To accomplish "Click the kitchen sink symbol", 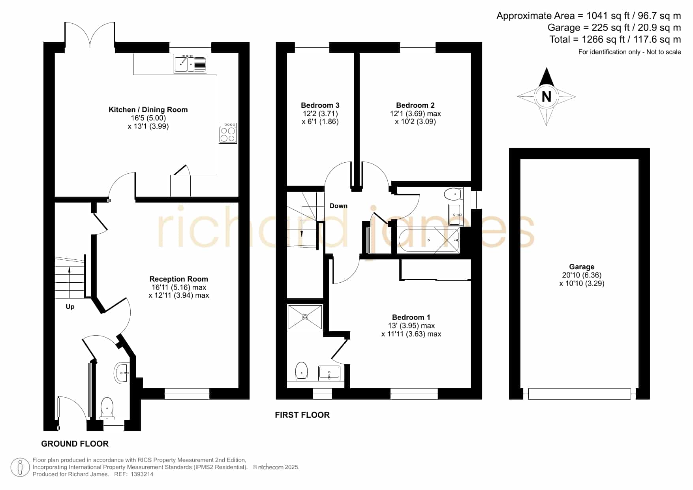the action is tap(190, 63).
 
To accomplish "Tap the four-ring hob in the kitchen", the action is tap(228, 133).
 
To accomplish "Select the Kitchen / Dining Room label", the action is tap(148, 110).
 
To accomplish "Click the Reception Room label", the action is tap(178, 279).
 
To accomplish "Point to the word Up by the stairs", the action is tap(70, 307).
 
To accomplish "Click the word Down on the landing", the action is tap(338, 206).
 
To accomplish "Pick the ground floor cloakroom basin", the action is tap(122, 373).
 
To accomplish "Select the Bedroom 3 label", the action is tap(320, 105).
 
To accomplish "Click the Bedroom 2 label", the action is tap(415, 105).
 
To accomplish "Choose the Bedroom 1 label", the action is tap(411, 317).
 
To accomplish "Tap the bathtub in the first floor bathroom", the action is tap(429, 240).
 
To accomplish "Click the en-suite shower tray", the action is tap(305, 317).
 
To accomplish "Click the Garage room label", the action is tap(582, 267).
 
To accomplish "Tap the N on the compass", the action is tap(547, 97).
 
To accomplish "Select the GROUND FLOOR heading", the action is tap(75, 444).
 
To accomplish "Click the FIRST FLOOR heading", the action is tap(302, 415).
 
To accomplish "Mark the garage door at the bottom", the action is tap(579, 394).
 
